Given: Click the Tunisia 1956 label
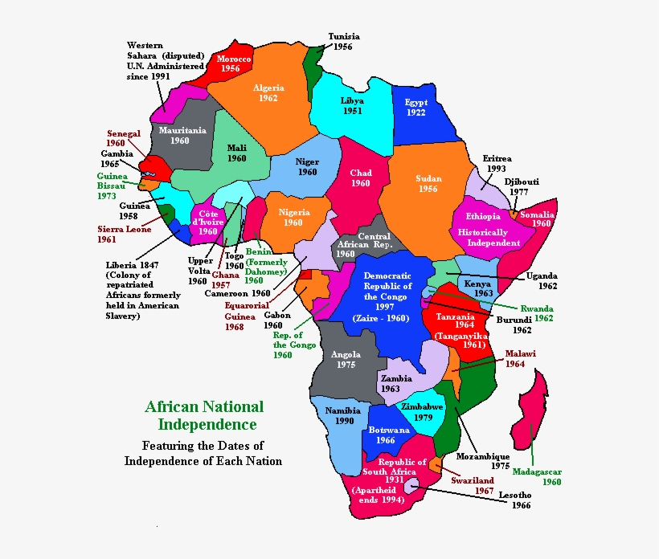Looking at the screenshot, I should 344,42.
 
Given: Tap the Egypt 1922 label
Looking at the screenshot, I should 416,108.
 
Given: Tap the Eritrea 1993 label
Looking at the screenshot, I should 497,164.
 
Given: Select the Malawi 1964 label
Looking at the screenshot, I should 520,358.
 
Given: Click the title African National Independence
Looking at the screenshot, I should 204,415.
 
